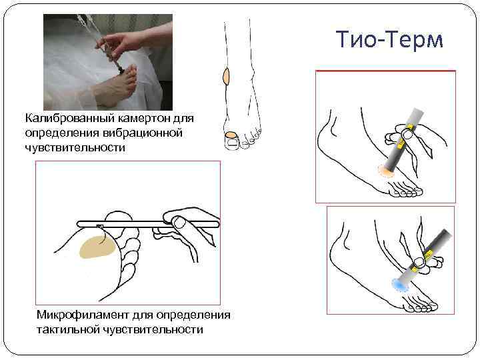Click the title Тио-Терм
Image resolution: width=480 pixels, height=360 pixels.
pos(389,39)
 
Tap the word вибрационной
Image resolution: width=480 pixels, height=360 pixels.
pos(143,133)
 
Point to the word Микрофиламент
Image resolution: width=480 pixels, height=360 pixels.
pos(83,315)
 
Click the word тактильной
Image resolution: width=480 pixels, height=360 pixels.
pos(67,330)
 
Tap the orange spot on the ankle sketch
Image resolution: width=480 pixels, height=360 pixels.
pos(226,76)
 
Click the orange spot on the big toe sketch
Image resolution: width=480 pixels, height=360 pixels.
pos(231,135)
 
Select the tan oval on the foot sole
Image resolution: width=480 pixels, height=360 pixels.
pos(97,247)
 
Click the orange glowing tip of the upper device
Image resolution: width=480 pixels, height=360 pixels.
pos(386,171)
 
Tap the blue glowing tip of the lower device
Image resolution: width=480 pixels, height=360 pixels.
pos(400,285)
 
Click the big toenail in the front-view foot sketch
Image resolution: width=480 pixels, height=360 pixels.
pos(231,143)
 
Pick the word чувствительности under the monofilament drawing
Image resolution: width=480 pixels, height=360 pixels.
pos(152,330)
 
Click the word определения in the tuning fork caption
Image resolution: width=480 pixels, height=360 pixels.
pos(61,133)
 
